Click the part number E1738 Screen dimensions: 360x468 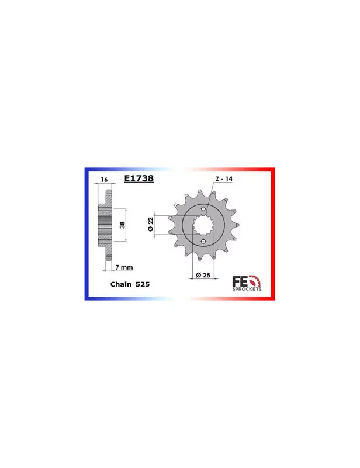point(139,178)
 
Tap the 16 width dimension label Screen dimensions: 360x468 point(104,180)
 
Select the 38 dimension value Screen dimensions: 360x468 point(122,225)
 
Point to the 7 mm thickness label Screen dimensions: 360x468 point(124,267)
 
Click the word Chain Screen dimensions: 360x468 point(121,284)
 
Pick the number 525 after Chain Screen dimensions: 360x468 point(143,284)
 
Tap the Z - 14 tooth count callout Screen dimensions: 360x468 point(224,179)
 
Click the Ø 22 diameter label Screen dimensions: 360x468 point(151,224)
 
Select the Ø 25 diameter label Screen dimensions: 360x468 point(203,275)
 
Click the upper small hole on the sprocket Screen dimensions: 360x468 point(203,209)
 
